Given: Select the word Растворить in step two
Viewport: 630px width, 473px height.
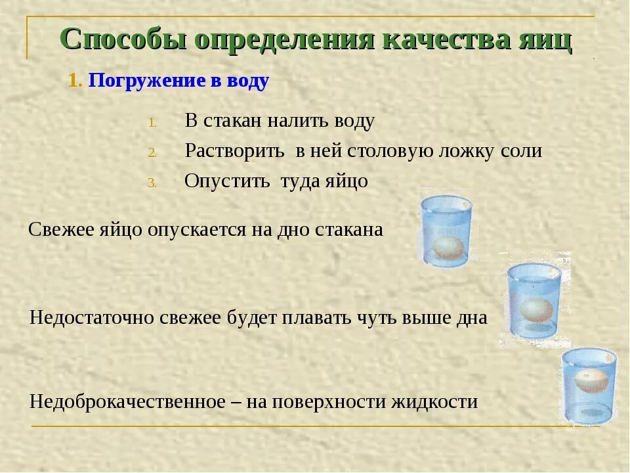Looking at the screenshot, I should pyautogui.click(x=234, y=151).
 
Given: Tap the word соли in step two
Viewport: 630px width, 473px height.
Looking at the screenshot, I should pyautogui.click(x=522, y=151).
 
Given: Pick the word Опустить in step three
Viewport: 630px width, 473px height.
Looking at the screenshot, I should pyautogui.click(x=226, y=181).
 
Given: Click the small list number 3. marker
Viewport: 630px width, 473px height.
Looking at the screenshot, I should pyautogui.click(x=152, y=183).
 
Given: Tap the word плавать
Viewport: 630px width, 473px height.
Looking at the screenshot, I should pyautogui.click(x=317, y=318).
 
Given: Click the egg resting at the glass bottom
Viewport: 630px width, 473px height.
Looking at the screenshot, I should pyautogui.click(x=448, y=247).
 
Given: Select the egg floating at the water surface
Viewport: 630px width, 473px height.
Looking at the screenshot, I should pyautogui.click(x=590, y=380).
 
